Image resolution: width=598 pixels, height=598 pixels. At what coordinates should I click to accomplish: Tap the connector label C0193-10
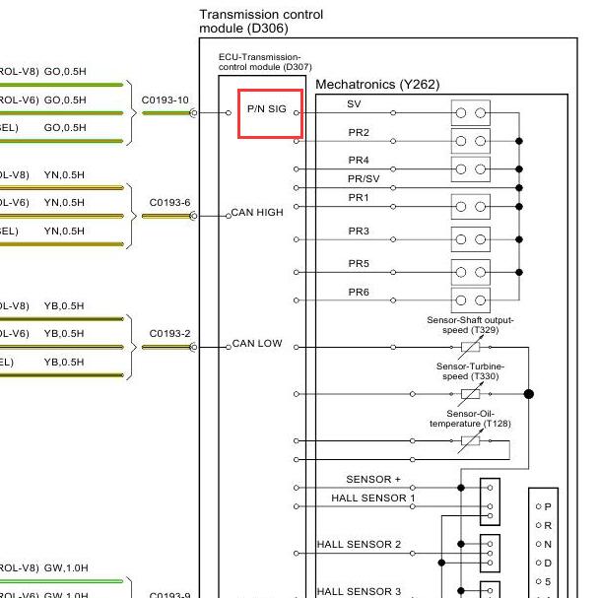point(165,100)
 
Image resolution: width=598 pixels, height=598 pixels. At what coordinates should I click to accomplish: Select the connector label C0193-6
point(169,203)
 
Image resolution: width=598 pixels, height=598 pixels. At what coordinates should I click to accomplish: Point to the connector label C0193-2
point(169,334)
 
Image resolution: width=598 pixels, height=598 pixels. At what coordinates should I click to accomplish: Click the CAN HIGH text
point(257,213)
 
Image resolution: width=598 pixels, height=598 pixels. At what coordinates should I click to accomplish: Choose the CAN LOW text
point(257,344)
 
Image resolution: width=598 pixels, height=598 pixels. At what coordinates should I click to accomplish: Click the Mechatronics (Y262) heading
point(377,85)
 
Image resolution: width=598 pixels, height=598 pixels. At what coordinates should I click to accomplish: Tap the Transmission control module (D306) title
point(261,22)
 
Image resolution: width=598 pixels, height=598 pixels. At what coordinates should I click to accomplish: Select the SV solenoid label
point(355,104)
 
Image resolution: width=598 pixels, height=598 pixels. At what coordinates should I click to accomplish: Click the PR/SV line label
point(364,179)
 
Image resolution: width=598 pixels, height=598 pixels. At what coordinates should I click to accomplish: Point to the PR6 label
point(359,293)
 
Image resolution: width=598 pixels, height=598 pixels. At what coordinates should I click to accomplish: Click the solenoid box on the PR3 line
point(470,239)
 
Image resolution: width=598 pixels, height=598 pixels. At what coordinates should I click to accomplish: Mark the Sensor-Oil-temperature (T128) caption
point(470,419)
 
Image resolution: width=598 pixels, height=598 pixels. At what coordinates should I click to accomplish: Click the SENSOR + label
point(373,480)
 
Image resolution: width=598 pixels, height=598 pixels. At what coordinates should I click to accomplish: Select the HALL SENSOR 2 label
point(359,544)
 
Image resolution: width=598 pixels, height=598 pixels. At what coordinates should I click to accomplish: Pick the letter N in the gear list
point(548,544)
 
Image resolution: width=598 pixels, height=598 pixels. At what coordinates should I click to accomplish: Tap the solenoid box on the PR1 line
point(470,206)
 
